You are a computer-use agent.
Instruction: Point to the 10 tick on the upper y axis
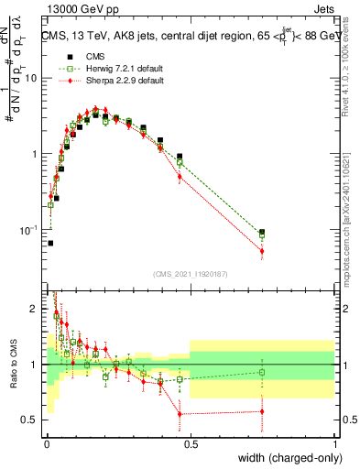click(x=31, y=78)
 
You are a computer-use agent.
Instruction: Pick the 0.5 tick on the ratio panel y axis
click(x=31, y=420)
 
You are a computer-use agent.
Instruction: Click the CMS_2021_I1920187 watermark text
click(x=190, y=274)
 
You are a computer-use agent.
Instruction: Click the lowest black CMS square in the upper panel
click(x=49, y=243)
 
